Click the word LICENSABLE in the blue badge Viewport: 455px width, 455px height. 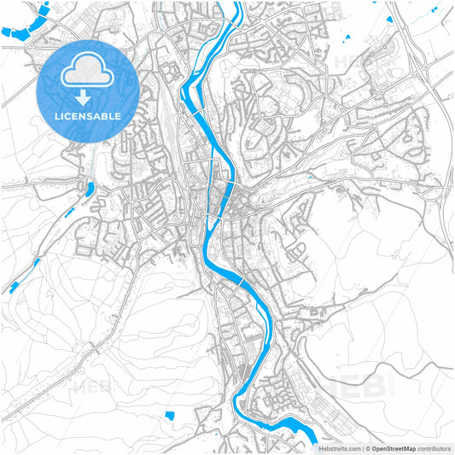tap(89, 115)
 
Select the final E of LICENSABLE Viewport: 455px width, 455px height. tap(118, 115)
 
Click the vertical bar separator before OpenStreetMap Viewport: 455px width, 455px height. tap(363, 448)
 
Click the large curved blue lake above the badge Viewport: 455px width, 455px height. tap(22, 21)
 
